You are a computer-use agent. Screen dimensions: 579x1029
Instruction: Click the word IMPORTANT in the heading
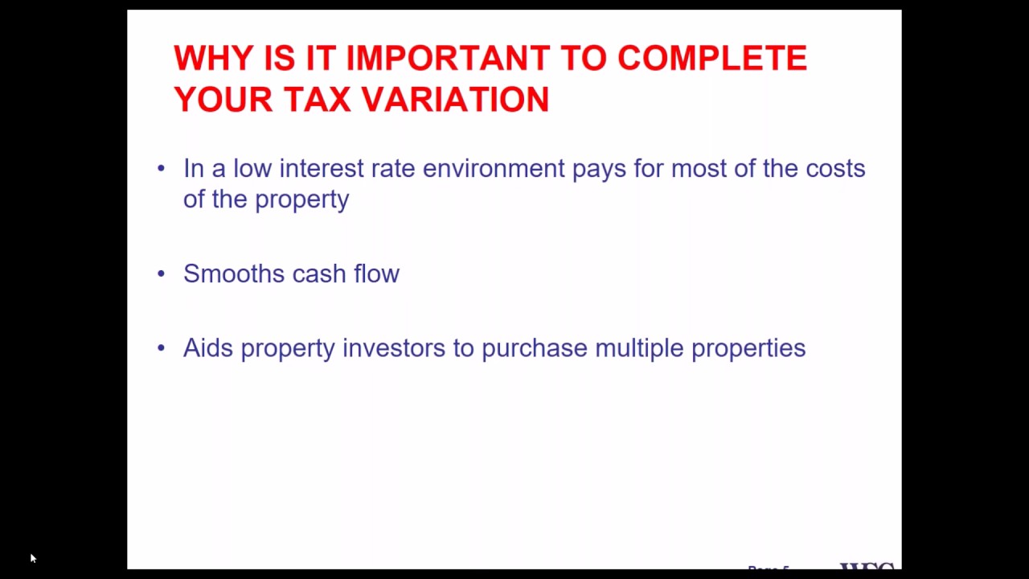(448, 59)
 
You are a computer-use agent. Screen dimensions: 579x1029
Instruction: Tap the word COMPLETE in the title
(711, 59)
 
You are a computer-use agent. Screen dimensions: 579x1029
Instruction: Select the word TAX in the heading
(317, 100)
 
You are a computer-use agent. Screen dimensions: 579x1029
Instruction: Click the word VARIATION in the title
(455, 100)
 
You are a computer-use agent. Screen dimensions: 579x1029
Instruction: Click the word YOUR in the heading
(223, 100)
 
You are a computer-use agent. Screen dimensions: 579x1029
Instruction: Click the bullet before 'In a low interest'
(162, 168)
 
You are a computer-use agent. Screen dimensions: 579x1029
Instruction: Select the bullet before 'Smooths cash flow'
(162, 273)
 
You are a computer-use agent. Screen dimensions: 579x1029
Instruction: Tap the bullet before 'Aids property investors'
(162, 347)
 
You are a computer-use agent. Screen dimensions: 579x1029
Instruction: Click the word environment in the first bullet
(494, 169)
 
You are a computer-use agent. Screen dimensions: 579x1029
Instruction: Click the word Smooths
(234, 273)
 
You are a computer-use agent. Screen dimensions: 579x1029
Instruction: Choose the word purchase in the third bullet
(534, 347)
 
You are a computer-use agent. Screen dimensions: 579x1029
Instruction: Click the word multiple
(639, 347)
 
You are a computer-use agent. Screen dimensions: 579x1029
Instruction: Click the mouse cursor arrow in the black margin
(32, 557)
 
